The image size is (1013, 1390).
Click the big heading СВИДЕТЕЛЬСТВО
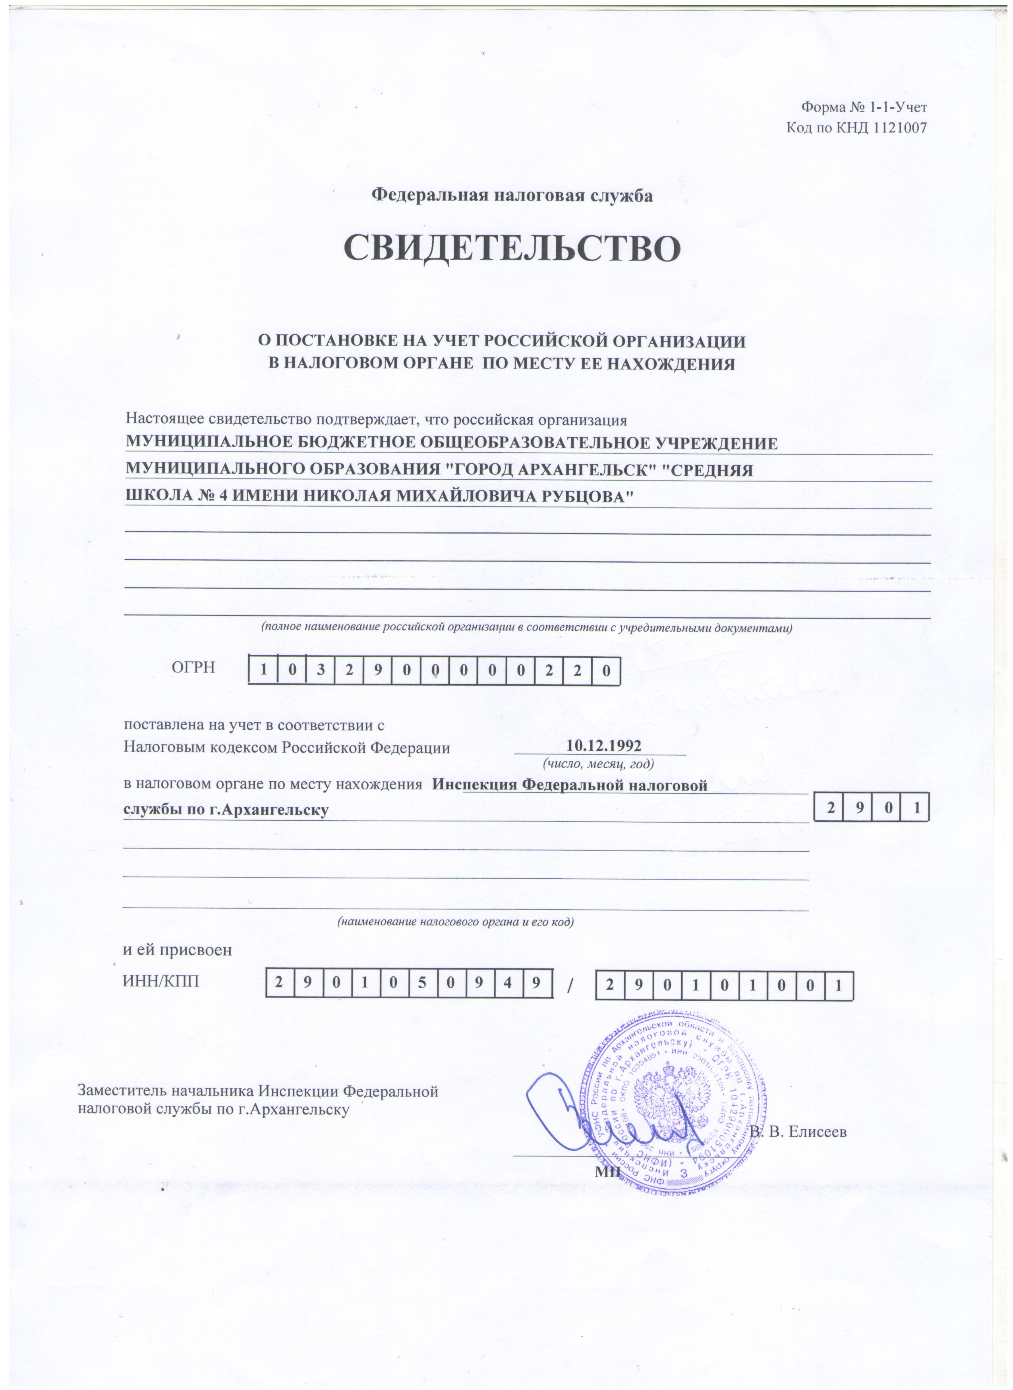pos(512,248)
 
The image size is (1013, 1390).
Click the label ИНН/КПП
pos(161,982)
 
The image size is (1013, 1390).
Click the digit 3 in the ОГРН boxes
pos(321,671)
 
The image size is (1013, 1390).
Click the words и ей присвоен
pos(178,950)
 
